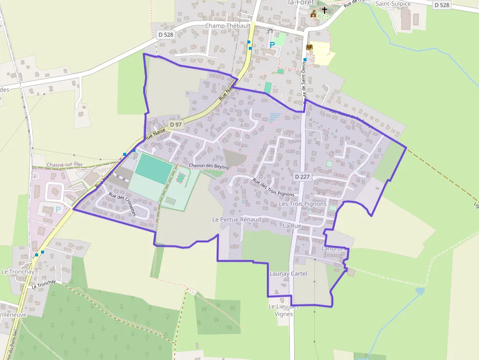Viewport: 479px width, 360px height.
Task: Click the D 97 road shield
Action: coord(175,125)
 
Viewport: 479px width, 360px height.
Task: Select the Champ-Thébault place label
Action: coord(228,25)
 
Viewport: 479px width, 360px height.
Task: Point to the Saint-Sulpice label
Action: coord(393,3)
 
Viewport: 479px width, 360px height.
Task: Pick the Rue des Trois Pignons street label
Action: coord(273,188)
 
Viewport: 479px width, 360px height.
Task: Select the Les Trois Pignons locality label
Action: coord(306,204)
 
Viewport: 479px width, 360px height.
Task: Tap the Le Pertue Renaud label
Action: coord(237,220)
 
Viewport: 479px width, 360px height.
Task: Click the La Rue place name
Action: coord(292,226)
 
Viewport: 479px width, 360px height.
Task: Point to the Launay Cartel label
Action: coord(288,274)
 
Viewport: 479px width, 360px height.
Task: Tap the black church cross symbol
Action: coord(324,10)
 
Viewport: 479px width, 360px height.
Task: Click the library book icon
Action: coord(309,47)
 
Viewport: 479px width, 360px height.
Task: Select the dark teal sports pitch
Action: coord(153,168)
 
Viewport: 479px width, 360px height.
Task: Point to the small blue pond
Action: coord(419,291)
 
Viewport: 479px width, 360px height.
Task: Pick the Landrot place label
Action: coord(333,248)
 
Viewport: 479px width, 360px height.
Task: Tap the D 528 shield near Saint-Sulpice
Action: coord(441,5)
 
